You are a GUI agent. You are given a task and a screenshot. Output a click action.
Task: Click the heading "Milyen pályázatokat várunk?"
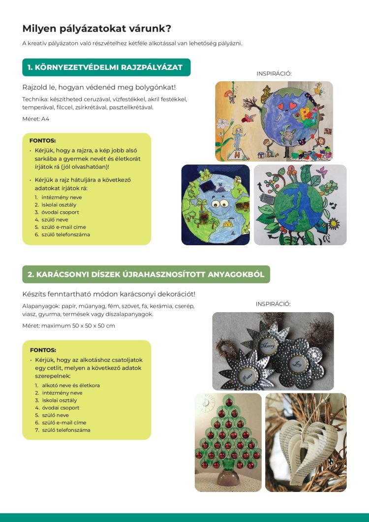[97, 29]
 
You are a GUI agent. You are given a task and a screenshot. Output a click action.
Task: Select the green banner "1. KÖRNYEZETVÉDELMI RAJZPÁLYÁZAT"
[106, 67]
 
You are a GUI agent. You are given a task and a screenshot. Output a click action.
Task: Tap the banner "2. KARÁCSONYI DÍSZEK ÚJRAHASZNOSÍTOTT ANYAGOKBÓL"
[146, 274]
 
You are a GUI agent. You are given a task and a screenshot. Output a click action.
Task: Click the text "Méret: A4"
[36, 119]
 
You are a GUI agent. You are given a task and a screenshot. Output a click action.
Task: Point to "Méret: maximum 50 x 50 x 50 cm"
[69, 326]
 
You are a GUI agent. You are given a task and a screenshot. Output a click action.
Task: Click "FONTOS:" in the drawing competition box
[42, 140]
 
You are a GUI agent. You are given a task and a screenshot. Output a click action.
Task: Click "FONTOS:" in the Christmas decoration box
[43, 350]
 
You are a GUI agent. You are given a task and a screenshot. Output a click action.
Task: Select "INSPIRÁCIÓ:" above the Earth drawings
[274, 73]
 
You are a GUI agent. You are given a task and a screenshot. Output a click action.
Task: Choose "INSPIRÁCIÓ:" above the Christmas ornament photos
[273, 304]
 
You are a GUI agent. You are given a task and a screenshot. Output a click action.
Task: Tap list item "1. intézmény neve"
[58, 197]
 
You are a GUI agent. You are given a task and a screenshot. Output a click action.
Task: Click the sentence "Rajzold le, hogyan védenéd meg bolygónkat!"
[99, 87]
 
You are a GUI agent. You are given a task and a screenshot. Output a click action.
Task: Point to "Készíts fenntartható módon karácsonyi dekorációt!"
[109, 294]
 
